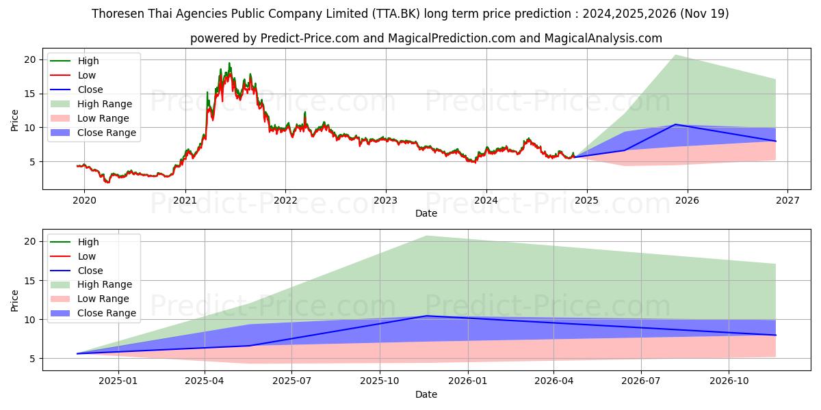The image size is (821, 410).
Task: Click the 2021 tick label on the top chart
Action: click(x=185, y=201)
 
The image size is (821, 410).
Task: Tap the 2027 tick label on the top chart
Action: click(x=787, y=201)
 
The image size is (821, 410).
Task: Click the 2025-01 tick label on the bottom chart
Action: click(x=119, y=382)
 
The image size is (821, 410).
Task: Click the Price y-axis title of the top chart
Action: click(x=15, y=120)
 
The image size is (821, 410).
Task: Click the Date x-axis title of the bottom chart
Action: click(x=426, y=394)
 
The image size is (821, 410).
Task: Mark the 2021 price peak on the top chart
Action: click(x=229, y=64)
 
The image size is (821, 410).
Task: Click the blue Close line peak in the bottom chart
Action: click(x=426, y=316)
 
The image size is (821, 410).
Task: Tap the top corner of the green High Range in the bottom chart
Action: click(x=426, y=236)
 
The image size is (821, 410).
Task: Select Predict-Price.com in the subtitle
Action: click(x=309, y=38)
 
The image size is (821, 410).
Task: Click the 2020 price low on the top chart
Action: click(x=107, y=182)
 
